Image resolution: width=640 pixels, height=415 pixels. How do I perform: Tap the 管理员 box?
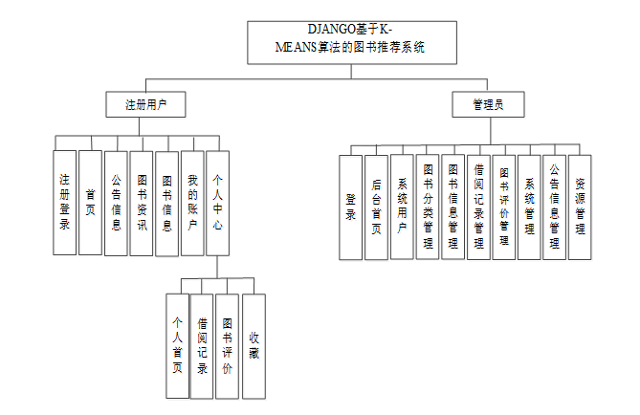(489, 104)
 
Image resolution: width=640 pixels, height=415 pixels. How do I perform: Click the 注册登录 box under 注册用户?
(64, 202)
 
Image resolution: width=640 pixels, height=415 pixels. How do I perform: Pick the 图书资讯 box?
(141, 202)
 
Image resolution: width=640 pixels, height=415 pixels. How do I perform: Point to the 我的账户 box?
(192, 202)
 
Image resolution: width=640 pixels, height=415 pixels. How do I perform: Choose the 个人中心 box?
(218, 202)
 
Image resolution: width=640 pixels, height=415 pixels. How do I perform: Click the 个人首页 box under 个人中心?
(177, 345)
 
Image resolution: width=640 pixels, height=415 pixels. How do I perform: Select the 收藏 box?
(254, 345)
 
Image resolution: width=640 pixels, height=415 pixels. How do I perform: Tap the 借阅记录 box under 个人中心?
(202, 345)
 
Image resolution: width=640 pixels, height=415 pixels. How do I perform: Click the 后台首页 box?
(377, 207)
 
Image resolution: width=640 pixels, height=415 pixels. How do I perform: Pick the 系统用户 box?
(403, 207)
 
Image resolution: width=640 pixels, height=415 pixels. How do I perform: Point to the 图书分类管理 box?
(428, 207)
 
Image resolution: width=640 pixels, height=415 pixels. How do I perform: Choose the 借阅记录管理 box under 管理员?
(478, 207)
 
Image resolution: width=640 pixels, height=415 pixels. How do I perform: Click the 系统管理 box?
(529, 207)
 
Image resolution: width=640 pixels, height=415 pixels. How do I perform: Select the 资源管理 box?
(580, 207)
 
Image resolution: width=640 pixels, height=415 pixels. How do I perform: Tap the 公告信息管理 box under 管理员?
(554, 207)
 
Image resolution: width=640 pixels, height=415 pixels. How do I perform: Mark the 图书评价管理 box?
(504, 207)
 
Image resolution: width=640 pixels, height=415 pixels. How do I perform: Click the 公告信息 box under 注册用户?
(116, 202)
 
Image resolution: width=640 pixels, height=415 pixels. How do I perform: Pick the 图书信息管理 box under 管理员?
(453, 207)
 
